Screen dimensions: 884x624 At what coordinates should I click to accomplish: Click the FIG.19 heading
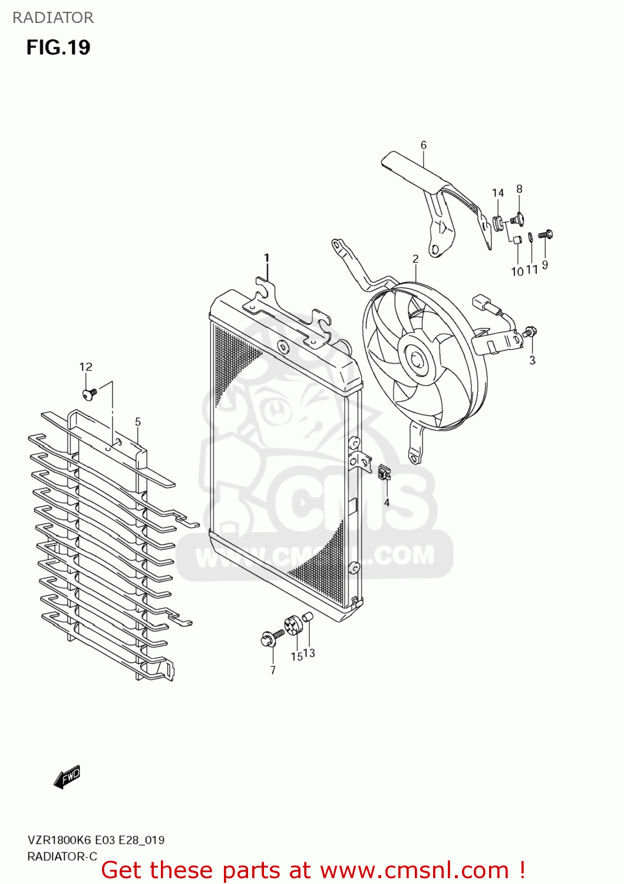58,48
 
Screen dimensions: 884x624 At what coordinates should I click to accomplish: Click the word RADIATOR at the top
53,18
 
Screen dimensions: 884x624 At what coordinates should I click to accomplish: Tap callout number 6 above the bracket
423,145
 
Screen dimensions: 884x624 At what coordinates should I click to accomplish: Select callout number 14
498,193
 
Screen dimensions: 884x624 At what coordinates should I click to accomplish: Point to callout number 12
86,367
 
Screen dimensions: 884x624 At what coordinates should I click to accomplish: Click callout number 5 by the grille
138,422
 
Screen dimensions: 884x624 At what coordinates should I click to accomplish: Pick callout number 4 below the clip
387,503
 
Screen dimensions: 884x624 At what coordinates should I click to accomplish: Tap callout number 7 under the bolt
273,670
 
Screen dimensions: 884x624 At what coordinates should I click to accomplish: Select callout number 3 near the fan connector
532,360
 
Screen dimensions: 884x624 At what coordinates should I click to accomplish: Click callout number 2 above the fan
415,259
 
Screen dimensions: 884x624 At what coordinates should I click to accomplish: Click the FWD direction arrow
67,777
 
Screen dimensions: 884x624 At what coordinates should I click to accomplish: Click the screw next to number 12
89,394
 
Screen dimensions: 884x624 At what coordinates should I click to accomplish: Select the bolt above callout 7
270,637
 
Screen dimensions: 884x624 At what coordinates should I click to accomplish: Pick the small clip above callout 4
385,472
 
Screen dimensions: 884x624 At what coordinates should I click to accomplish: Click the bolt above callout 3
530,332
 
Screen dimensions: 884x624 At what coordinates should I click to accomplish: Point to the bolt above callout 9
546,235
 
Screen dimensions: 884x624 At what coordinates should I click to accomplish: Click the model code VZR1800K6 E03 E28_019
96,840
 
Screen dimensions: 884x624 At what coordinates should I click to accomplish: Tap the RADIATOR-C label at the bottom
62,856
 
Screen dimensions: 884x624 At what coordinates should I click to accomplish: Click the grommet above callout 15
292,625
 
